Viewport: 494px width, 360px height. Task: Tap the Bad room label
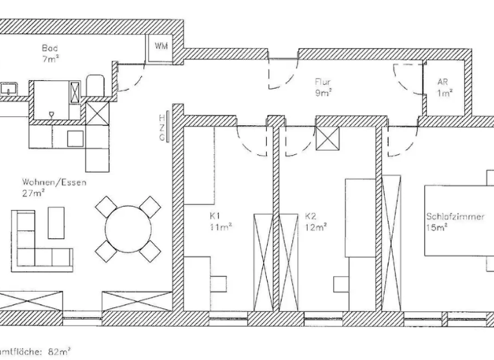tap(49, 48)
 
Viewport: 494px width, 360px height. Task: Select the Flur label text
tap(323, 82)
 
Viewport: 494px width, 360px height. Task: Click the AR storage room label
tap(443, 82)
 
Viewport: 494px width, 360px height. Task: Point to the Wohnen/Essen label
tap(45, 183)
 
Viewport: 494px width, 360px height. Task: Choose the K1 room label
tap(215, 217)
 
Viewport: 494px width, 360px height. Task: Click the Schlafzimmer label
tap(454, 217)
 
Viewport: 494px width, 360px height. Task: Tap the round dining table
tap(127, 229)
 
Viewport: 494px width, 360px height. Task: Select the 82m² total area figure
tap(59, 352)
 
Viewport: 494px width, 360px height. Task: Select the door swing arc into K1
tap(251, 141)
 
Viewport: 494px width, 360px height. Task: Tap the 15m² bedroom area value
tap(437, 227)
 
